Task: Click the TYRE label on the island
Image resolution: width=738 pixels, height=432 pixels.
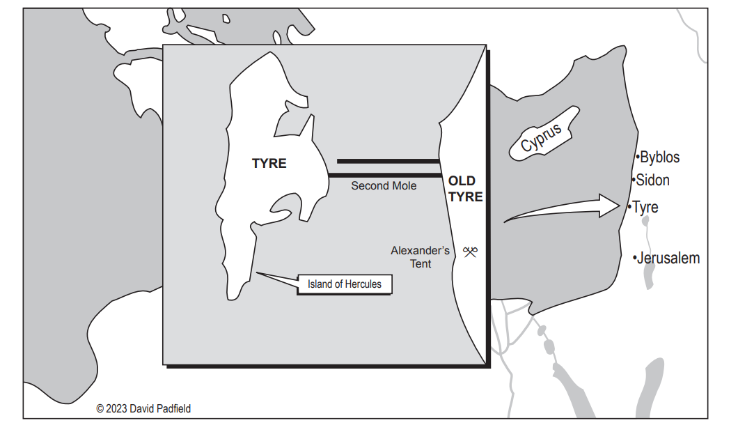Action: (x=269, y=164)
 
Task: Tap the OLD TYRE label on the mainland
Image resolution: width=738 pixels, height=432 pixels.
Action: (x=465, y=189)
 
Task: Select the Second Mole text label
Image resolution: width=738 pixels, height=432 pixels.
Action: (x=384, y=185)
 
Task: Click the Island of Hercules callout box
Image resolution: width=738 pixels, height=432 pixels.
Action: (x=345, y=284)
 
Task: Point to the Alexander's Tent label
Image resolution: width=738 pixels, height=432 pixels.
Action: (x=420, y=256)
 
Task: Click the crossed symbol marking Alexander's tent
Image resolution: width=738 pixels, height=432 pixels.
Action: (x=470, y=252)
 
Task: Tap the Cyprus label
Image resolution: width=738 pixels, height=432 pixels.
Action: (x=541, y=137)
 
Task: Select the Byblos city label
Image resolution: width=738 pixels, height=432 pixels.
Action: (x=660, y=157)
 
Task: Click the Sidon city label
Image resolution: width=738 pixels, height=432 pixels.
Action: (x=653, y=180)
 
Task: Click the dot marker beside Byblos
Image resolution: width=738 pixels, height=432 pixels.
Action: (x=638, y=156)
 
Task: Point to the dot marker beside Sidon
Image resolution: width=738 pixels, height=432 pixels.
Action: (x=634, y=180)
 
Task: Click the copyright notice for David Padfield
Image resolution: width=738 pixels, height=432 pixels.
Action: (x=143, y=408)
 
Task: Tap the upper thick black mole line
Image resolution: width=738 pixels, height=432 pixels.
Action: (x=388, y=161)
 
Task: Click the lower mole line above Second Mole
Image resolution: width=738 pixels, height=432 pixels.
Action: (x=385, y=176)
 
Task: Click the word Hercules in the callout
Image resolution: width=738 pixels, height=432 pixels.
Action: (x=364, y=284)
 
